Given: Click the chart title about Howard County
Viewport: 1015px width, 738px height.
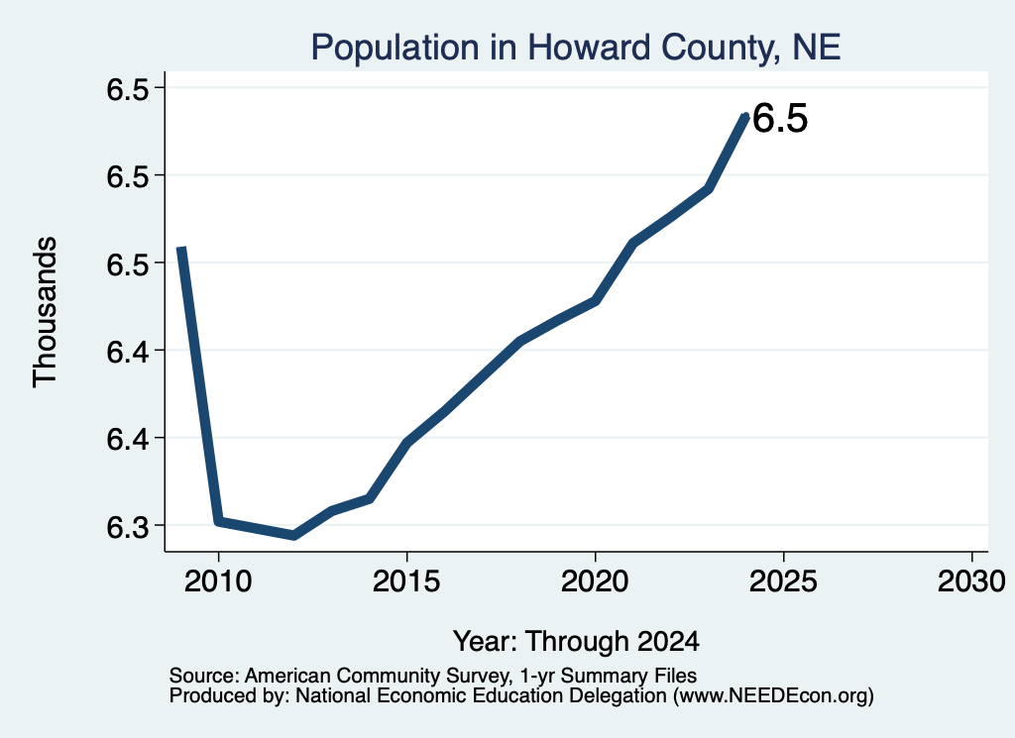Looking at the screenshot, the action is (x=576, y=48).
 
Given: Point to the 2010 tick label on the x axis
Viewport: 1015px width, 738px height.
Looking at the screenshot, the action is (x=218, y=581).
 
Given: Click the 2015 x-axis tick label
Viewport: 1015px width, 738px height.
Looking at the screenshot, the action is (x=406, y=581).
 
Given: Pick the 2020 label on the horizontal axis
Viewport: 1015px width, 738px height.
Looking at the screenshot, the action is (x=595, y=581).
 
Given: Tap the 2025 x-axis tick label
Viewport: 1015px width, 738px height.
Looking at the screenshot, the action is (x=783, y=581).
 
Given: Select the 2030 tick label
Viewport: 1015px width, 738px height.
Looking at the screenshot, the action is (x=971, y=581).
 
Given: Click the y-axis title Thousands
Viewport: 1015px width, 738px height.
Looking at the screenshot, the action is (x=46, y=312).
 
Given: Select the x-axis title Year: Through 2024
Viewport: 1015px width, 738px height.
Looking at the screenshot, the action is (x=576, y=642).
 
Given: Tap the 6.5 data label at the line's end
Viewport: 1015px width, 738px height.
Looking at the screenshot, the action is (x=781, y=119).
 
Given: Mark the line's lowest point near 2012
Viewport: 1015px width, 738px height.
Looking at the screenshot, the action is (x=293, y=536).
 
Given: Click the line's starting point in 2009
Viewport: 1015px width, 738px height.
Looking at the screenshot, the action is (x=182, y=249).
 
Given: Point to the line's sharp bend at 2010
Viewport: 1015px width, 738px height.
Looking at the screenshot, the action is (x=219, y=521).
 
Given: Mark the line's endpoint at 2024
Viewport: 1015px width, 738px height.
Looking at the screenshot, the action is (x=745, y=117).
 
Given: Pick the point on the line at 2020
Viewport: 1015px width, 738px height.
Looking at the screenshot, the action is (x=595, y=301).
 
